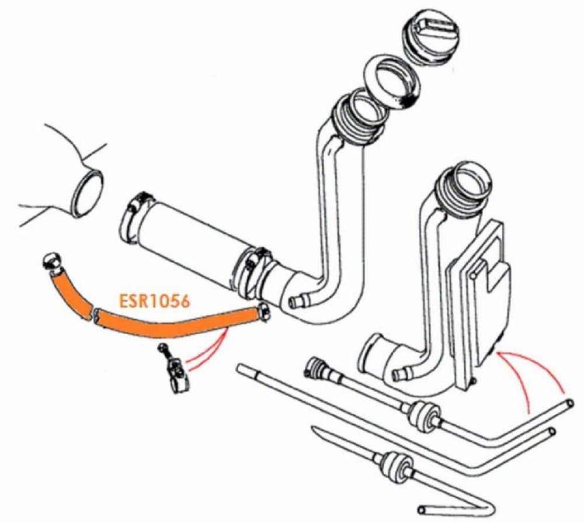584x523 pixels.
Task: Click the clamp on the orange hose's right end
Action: tap(262, 314)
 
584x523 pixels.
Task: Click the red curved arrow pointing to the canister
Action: tap(529, 374)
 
